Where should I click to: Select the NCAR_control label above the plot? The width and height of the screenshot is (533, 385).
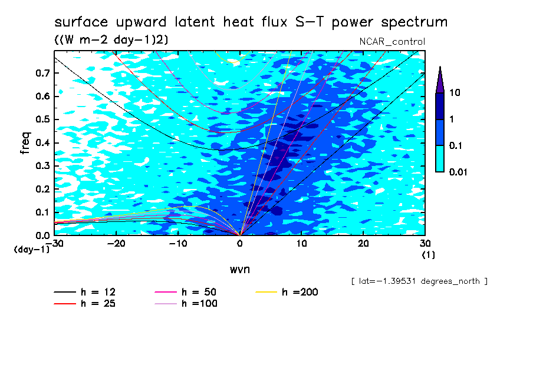point(392,42)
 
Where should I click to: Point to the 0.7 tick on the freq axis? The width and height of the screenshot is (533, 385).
point(42,73)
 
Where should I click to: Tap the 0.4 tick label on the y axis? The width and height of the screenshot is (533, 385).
point(42,142)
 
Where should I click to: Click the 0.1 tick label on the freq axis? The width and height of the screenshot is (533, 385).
point(42,212)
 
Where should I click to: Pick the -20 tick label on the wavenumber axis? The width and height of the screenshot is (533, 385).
point(116,244)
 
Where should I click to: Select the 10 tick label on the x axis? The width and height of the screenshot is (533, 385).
point(301,244)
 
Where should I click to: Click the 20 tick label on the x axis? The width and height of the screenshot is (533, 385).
point(363,244)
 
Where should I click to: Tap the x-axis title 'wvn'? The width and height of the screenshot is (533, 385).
point(240,270)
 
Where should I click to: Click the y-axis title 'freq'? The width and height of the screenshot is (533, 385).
point(25,143)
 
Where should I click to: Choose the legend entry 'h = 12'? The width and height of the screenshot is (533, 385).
point(85,292)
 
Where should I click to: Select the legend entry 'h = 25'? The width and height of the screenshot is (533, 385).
point(85,303)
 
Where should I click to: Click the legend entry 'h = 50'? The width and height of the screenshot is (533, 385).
point(186,292)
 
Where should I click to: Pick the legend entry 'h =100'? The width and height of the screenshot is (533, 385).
point(186,303)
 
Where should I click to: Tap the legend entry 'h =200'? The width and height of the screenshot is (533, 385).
point(287,292)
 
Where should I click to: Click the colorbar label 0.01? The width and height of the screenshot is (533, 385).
point(458,172)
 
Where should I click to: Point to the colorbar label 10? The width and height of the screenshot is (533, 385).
point(455,92)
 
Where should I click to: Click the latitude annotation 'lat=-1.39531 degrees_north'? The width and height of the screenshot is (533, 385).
point(419,281)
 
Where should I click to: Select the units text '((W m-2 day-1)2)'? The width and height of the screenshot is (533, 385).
point(111,40)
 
